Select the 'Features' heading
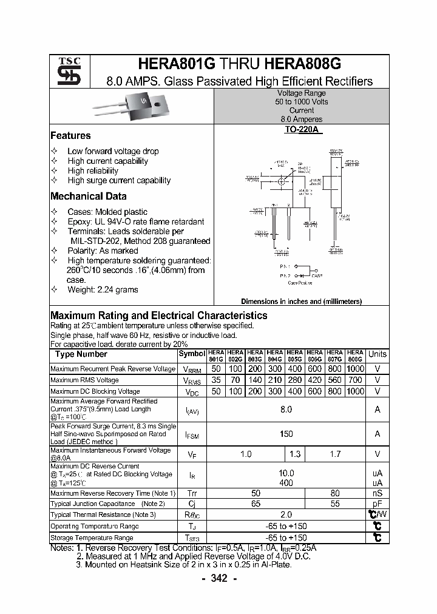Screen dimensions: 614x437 (x=70, y=136)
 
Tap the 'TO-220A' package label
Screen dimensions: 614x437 (x=302, y=130)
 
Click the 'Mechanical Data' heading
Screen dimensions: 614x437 (x=88, y=197)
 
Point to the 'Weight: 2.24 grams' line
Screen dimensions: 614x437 (x=103, y=289)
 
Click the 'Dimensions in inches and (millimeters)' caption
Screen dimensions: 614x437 (x=301, y=302)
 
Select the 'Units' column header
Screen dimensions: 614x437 (x=377, y=354)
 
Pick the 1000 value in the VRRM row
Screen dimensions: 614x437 (x=355, y=369)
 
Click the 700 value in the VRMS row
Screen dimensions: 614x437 (x=355, y=380)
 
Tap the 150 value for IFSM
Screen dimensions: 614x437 (x=286, y=434)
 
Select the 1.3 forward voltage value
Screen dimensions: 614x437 (x=295, y=454)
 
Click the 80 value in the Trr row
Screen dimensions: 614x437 (x=334, y=493)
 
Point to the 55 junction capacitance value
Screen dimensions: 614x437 (x=334, y=504)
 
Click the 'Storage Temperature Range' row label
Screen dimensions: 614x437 (x=92, y=538)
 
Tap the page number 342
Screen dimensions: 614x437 (x=218, y=579)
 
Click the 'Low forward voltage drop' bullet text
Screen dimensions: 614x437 (x=113, y=151)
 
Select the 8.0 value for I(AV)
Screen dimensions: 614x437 (x=286, y=410)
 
